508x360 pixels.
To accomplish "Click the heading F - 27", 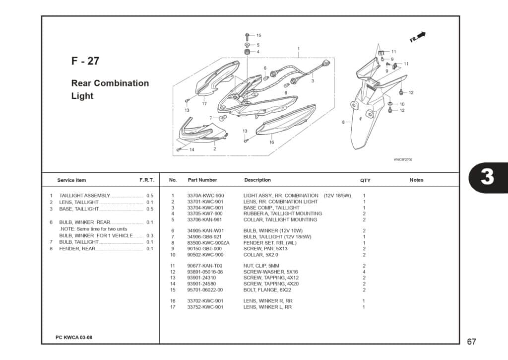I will pyautogui.click(x=85, y=61).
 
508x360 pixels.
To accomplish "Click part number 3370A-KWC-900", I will pyautogui.click(x=205, y=196).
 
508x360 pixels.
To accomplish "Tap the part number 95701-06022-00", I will pyautogui.click(x=205, y=290).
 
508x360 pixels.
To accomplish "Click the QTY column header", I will pyautogui.click(x=365, y=180).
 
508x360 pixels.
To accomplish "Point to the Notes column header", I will pyautogui.click(x=416, y=180).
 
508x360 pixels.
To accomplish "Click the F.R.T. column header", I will pyautogui.click(x=146, y=180).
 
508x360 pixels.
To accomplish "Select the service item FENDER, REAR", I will pyautogui.click(x=77, y=249).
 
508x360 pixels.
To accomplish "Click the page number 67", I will pyautogui.click(x=471, y=342).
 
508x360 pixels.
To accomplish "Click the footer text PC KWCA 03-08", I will pyautogui.click(x=74, y=337).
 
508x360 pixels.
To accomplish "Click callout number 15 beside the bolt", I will pyautogui.click(x=258, y=35).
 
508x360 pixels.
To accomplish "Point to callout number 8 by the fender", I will pyautogui.click(x=343, y=122).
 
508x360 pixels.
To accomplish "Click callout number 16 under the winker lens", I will pyautogui.click(x=271, y=143).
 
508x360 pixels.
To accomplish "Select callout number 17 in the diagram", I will pyautogui.click(x=204, y=104).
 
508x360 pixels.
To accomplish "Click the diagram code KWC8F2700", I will pyautogui.click(x=403, y=159).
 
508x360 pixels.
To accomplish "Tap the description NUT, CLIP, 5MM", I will pyautogui.click(x=263, y=266).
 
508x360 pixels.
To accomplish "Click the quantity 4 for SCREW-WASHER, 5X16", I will pyautogui.click(x=364, y=272).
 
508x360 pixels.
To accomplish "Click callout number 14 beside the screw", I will pyautogui.click(x=191, y=149).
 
